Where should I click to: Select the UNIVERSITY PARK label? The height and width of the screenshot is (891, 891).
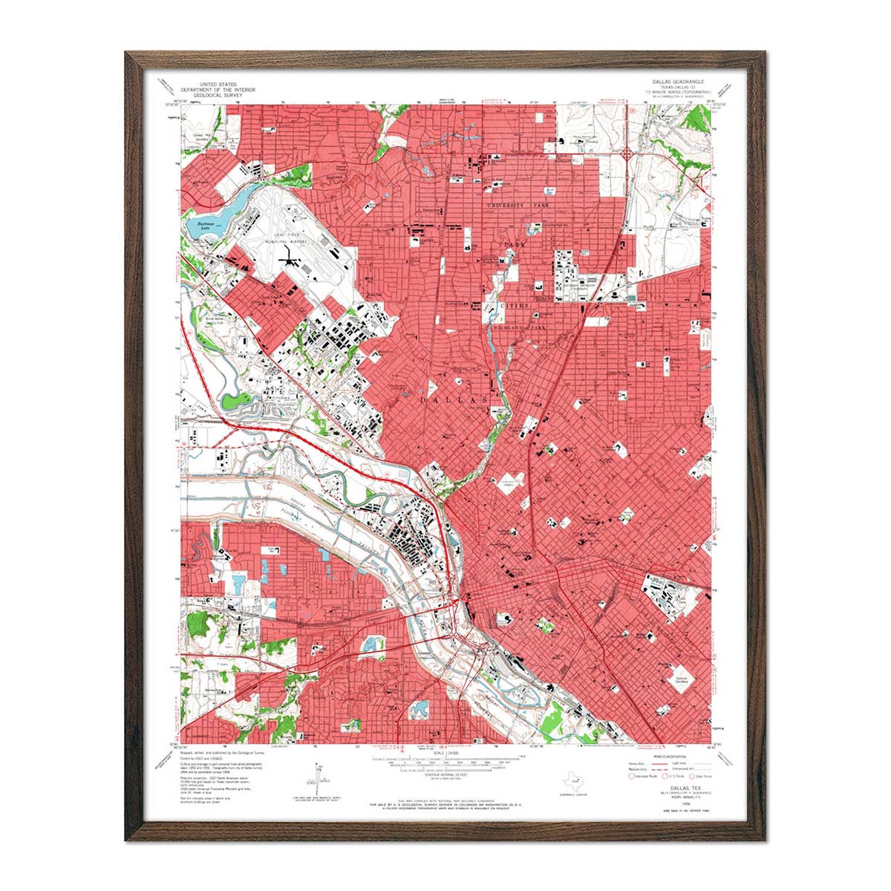[516, 205]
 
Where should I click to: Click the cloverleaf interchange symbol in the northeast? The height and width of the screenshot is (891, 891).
[627, 154]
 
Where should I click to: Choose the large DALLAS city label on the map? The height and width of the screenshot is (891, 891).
[454, 399]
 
